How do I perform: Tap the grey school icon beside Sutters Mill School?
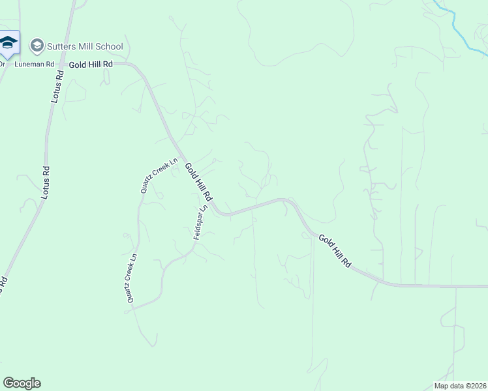point(37,46)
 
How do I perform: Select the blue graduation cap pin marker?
point(8,43)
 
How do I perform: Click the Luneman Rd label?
point(34,65)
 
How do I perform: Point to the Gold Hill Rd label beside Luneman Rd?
point(91,65)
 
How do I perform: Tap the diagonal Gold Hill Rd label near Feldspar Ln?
point(198,182)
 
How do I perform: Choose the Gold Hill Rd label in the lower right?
point(335,252)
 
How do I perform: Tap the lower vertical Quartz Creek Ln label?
point(132,278)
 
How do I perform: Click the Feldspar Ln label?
point(200,222)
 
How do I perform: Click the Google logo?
point(22,383)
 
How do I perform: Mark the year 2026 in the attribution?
point(478,385)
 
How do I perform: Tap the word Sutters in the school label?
point(60,46)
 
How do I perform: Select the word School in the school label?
point(109,46)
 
